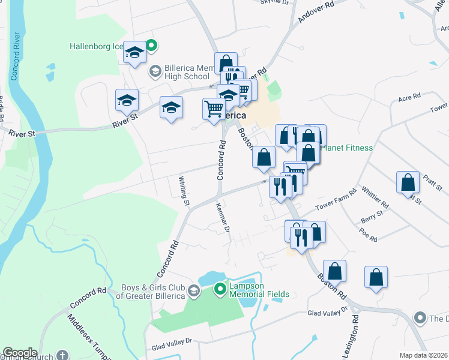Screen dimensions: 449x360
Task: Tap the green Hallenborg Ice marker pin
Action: [152, 44]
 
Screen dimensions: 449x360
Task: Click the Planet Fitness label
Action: [347, 148]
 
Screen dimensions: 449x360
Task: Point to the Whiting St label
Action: [184, 190]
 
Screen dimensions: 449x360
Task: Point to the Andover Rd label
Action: [316, 13]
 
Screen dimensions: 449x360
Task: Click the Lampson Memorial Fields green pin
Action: [220, 290]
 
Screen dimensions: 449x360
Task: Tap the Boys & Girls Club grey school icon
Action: [193, 291]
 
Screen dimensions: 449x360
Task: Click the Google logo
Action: [20, 353]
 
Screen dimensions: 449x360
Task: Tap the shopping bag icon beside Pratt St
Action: [408, 181]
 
